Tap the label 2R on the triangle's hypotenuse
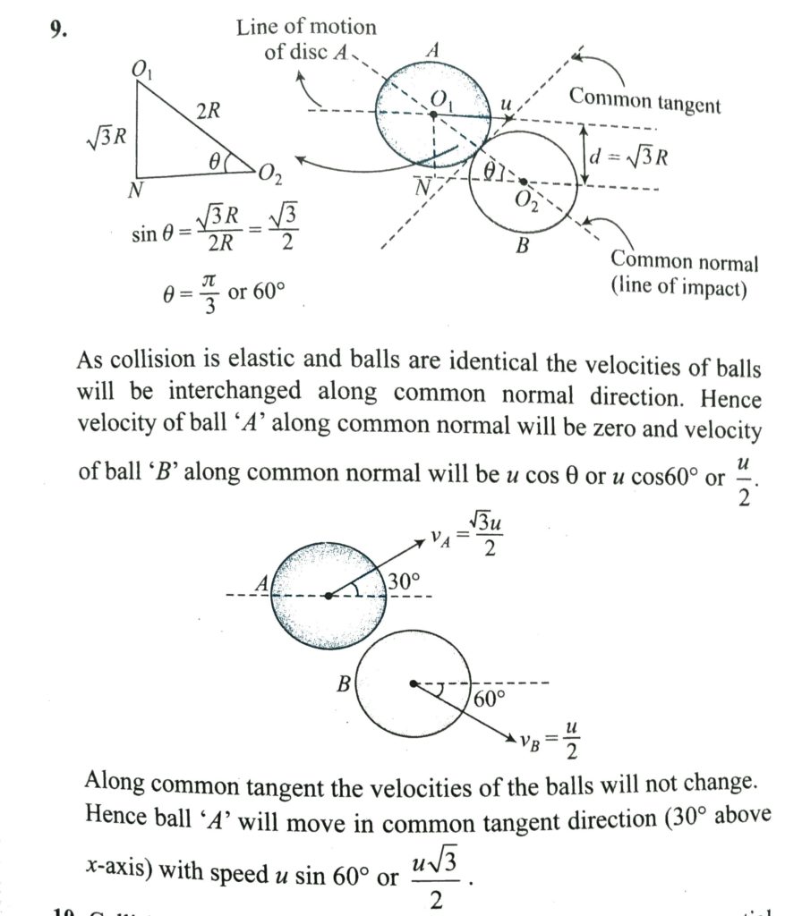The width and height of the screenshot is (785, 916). (209, 112)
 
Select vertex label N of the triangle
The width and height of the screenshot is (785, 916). (136, 189)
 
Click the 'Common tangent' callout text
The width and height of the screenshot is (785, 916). (644, 99)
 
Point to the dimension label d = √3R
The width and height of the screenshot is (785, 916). (629, 158)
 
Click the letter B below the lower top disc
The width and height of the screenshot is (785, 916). (522, 244)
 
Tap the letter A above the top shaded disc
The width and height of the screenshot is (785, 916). (431, 50)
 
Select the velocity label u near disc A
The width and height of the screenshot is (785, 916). (506, 105)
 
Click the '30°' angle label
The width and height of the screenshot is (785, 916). (404, 581)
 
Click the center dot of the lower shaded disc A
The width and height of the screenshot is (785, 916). (329, 596)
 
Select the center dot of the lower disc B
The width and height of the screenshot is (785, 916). (414, 683)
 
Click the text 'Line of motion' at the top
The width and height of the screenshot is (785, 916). (306, 27)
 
